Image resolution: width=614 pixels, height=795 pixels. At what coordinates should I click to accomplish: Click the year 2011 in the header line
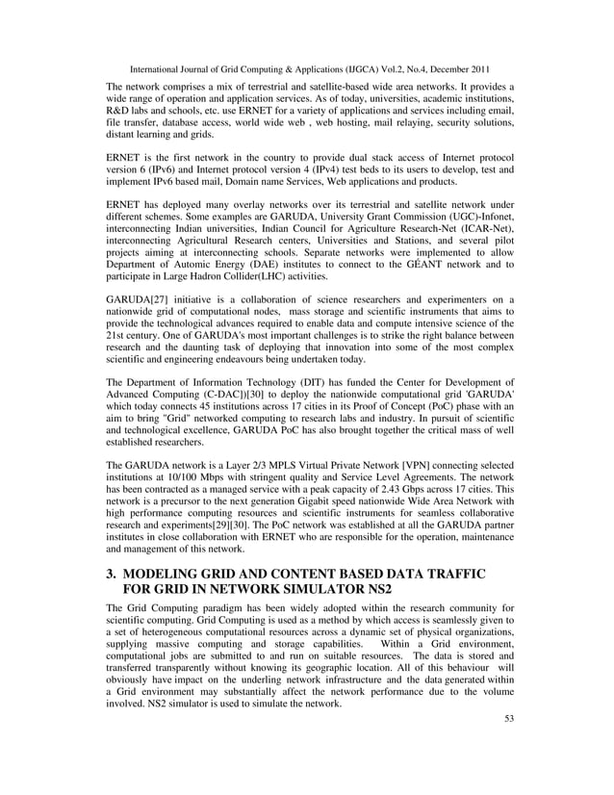click(x=474, y=69)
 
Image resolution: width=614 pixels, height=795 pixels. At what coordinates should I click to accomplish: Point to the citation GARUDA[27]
click(x=137, y=299)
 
